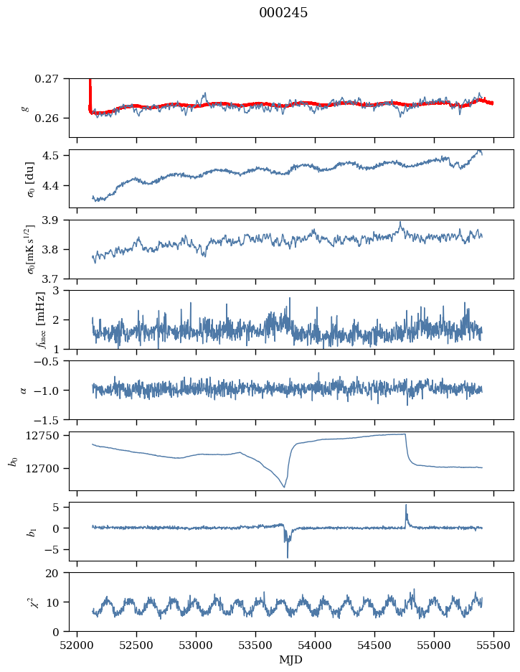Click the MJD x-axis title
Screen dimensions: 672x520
click(x=291, y=660)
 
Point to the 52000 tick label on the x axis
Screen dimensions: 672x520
click(x=77, y=645)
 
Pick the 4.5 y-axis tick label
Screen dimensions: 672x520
click(x=52, y=156)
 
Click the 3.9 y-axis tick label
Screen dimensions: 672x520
click(x=52, y=220)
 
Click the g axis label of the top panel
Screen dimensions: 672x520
click(x=26, y=108)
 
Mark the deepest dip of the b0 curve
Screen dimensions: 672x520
click(x=284, y=487)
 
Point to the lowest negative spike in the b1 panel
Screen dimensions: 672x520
click(x=288, y=557)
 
